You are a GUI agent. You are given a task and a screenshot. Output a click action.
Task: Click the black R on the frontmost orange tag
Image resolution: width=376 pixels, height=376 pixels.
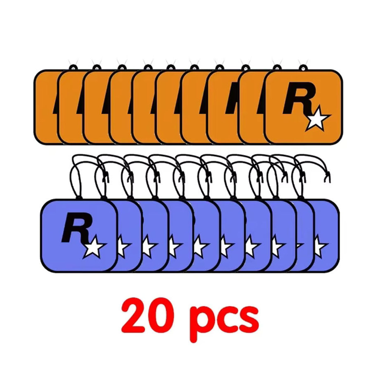pyautogui.click(x=298, y=98)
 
